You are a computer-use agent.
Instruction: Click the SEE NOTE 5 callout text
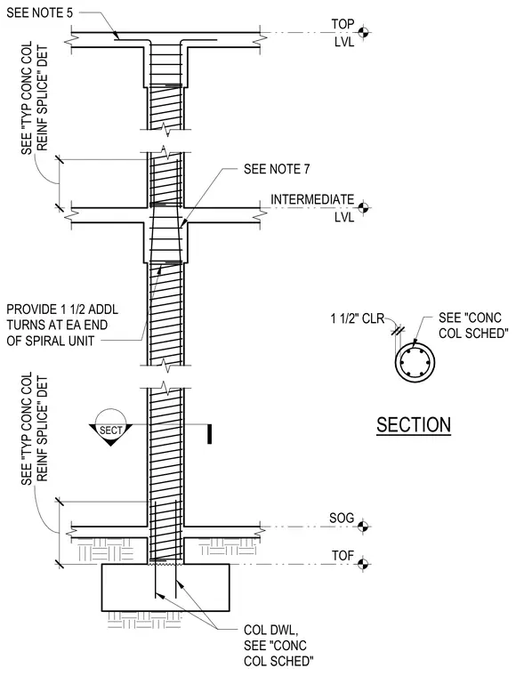(40, 13)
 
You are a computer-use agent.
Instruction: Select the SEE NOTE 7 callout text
(277, 169)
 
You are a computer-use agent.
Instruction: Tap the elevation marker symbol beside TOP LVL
(363, 32)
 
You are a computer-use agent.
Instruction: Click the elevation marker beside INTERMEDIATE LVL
(363, 208)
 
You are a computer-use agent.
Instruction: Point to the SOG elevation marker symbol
(363, 527)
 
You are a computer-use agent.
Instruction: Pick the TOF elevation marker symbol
(363, 563)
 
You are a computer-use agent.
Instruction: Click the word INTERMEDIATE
(312, 199)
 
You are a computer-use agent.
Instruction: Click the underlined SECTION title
(414, 425)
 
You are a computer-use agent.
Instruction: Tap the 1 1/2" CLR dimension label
(358, 318)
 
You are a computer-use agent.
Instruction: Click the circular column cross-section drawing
(415, 363)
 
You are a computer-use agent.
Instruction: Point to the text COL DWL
(270, 630)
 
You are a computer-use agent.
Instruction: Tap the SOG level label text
(342, 518)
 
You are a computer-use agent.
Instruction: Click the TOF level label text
(343, 555)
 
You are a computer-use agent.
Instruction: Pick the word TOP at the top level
(343, 24)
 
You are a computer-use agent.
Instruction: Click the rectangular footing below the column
(165, 587)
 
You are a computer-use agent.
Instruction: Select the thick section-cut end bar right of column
(209, 434)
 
